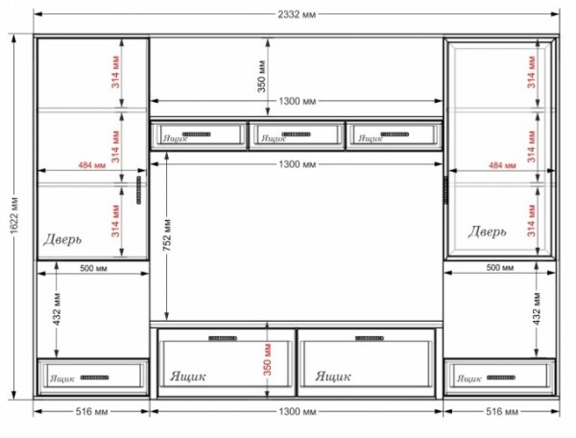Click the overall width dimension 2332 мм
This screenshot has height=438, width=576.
coord(297,14)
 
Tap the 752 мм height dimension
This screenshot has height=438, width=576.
coord(167,235)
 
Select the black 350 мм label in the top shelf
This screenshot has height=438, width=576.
coord(261,77)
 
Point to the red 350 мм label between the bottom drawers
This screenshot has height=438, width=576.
coord(268,359)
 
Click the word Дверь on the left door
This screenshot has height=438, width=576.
coord(62,239)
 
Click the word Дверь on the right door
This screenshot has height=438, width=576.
coord(487,231)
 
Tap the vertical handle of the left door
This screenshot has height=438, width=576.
coord(139,189)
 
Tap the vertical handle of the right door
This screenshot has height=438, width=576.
coord(446,189)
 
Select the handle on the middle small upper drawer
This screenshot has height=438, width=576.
coord(296,134)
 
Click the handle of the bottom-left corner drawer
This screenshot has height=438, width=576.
coord(95,377)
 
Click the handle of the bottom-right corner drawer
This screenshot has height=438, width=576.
coord(501,377)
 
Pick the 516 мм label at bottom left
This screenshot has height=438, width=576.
coord(92,411)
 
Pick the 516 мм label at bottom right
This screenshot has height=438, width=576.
coord(502,411)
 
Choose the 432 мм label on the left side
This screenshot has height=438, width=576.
coord(57,309)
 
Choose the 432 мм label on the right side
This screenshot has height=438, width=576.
coord(537,308)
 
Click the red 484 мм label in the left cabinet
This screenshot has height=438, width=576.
coord(92,165)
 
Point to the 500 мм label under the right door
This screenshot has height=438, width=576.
coord(500,267)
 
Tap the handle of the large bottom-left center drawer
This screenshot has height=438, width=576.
coord(223,338)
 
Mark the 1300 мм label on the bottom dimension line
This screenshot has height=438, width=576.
coord(298,411)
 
